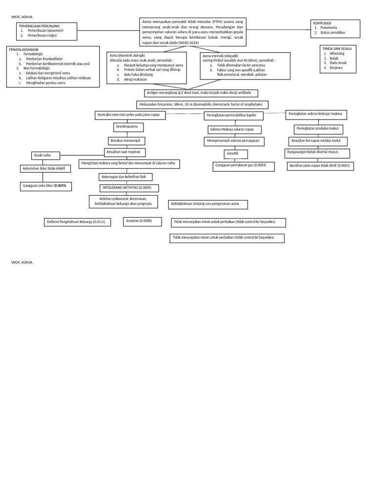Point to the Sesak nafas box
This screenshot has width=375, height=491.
[45, 156]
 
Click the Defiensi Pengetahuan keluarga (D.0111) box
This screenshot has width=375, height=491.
[77, 222]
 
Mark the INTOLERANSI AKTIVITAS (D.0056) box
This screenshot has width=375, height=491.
[129, 188]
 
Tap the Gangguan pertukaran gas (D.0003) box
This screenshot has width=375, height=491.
[240, 165]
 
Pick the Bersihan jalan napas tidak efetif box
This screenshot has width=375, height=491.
[320, 166]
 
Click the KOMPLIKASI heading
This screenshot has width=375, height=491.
[322, 23]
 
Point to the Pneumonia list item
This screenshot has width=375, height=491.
[329, 28]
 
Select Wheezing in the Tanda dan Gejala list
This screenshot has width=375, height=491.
[336, 54]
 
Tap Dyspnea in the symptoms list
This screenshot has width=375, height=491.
[335, 68]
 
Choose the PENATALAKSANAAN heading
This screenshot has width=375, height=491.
[24, 49]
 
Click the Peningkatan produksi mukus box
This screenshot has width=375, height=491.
[318, 129]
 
